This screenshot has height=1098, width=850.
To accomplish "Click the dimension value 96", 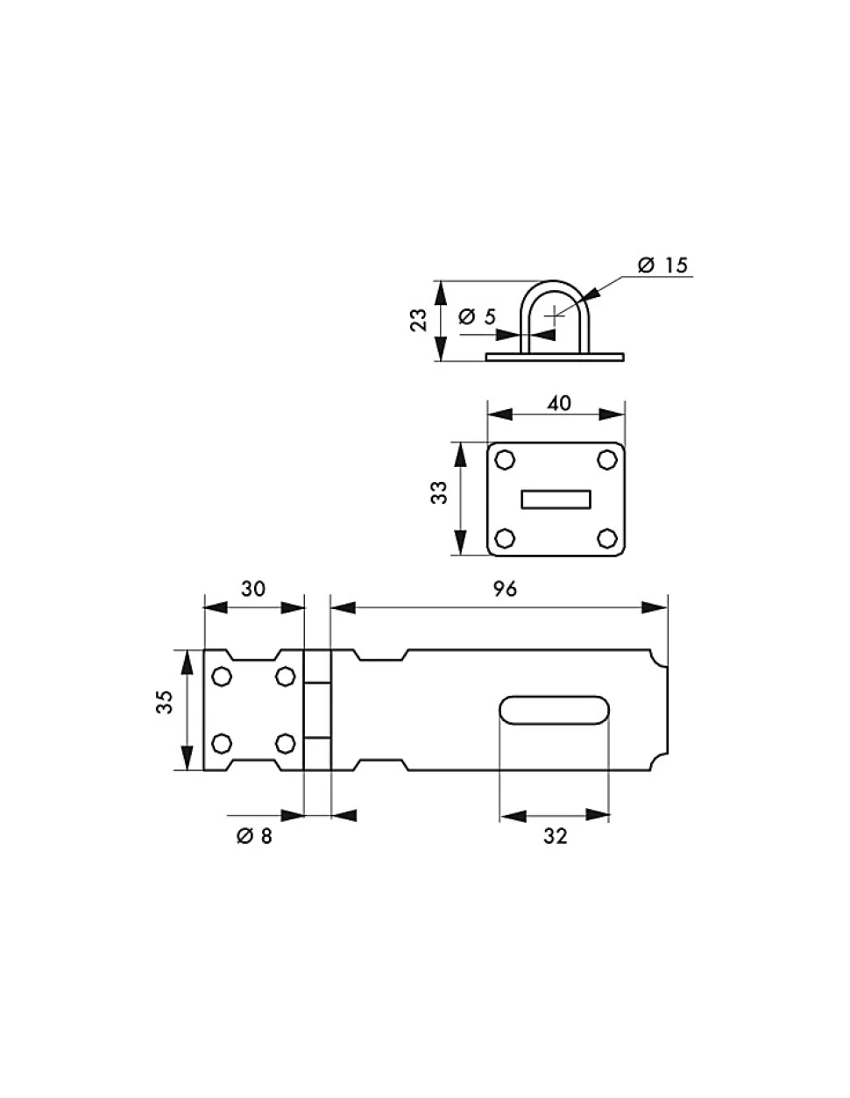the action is click(505, 589).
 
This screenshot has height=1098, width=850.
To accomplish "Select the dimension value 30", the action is click(253, 589).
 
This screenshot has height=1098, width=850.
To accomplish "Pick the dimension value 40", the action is click(559, 403).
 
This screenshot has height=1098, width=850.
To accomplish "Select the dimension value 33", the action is click(439, 492).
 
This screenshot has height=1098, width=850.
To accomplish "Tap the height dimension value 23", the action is click(418, 320).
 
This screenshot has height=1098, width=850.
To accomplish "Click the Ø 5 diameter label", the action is click(478, 317).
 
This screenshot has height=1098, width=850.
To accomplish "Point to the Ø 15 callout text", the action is click(662, 265).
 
